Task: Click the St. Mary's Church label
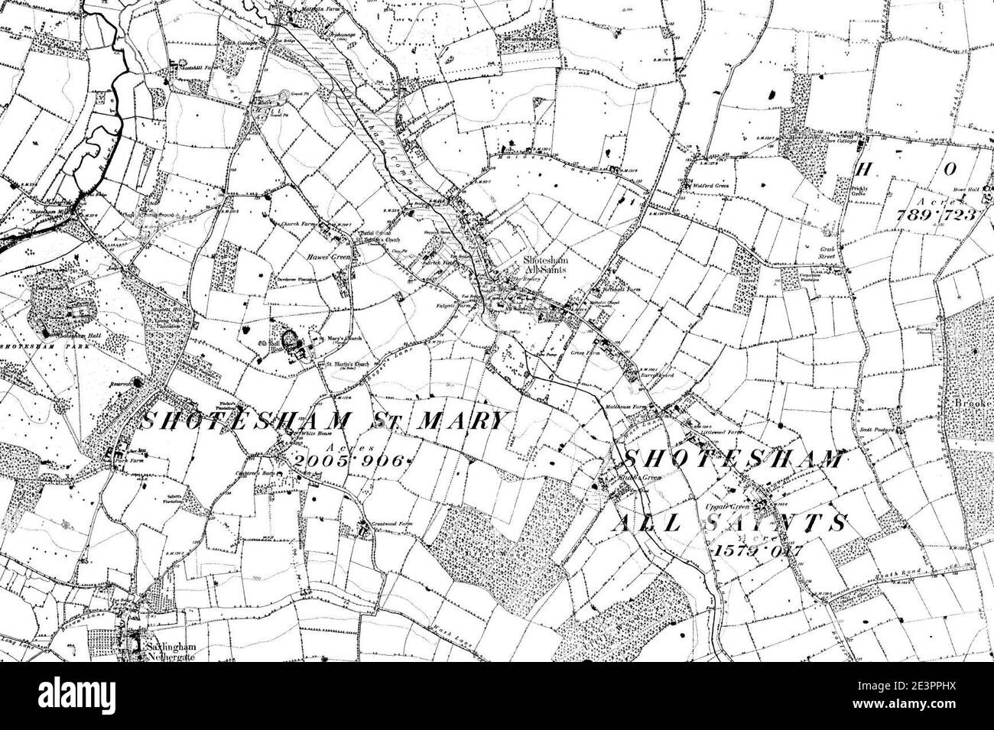339,338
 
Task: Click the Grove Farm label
588,354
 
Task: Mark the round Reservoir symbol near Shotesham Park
138,381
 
